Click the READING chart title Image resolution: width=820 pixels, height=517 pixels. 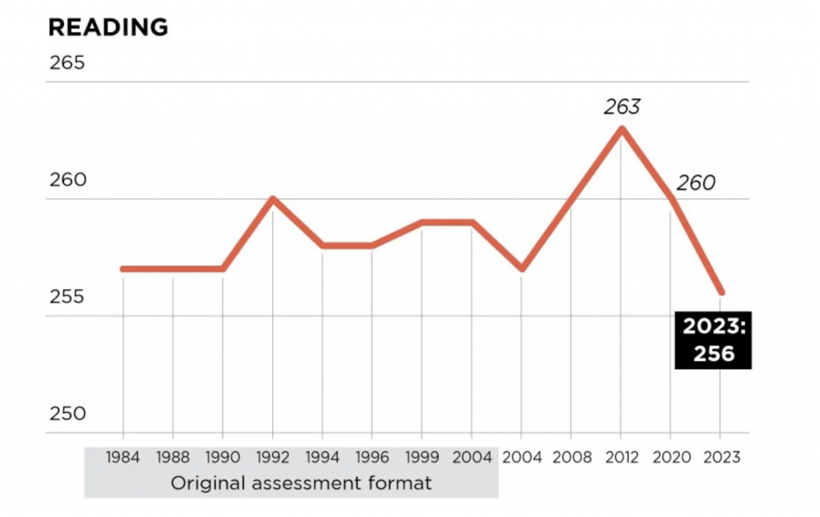pyautogui.click(x=108, y=27)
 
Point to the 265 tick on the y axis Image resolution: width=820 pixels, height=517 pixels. pyautogui.click(x=66, y=63)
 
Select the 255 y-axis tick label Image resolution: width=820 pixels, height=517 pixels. pyautogui.click(x=66, y=297)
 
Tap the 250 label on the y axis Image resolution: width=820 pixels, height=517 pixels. pyautogui.click(x=66, y=414)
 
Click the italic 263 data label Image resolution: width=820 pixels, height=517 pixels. pyautogui.click(x=622, y=106)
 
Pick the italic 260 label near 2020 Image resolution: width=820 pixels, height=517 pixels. pyautogui.click(x=695, y=183)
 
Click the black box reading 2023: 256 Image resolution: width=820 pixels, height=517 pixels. pyautogui.click(x=713, y=340)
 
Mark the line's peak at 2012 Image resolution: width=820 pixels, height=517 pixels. pyautogui.click(x=621, y=129)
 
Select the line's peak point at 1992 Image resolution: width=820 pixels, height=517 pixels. pyautogui.click(x=272, y=198)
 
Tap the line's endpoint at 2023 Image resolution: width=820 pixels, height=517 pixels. pyautogui.click(x=721, y=292)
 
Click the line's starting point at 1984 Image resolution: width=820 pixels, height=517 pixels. pyautogui.click(x=123, y=269)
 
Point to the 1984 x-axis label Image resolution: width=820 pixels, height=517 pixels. pyautogui.click(x=123, y=458)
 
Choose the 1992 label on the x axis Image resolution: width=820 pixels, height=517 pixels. pyautogui.click(x=272, y=458)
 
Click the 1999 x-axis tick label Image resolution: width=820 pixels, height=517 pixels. pyautogui.click(x=422, y=458)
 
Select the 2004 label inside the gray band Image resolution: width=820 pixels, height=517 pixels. pyautogui.click(x=472, y=458)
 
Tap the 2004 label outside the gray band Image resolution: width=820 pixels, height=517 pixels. pyautogui.click(x=521, y=458)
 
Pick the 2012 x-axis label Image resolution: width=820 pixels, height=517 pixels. pyautogui.click(x=621, y=458)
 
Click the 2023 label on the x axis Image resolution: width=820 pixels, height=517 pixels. pyautogui.click(x=721, y=458)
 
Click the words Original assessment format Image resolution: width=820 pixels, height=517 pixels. pyautogui.click(x=290, y=483)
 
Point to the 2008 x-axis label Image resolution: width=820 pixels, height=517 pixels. pyautogui.click(x=571, y=458)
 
